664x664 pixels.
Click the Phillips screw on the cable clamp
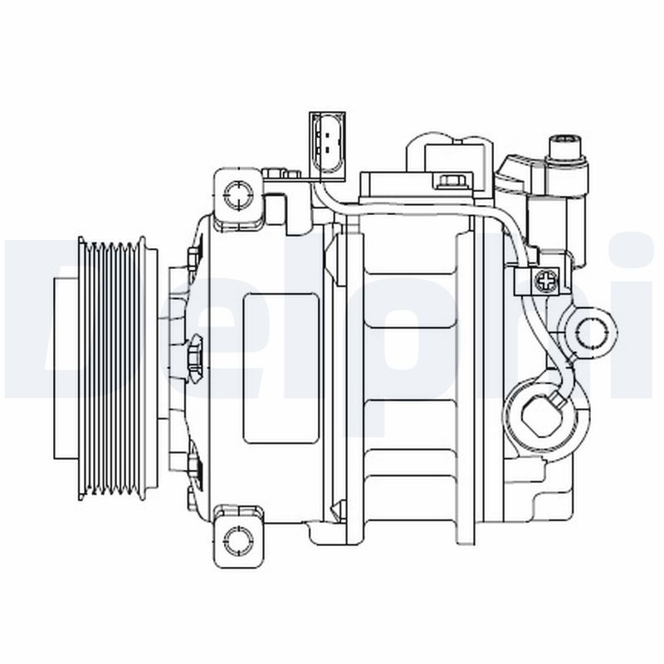[x=547, y=281]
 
